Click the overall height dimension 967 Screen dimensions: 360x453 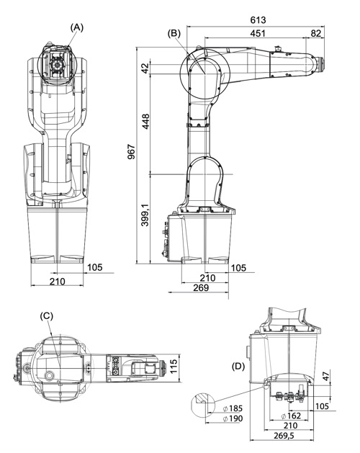[131, 152]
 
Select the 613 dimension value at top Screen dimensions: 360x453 [258, 20]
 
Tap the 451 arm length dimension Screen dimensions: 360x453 [258, 33]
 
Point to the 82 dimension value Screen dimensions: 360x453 [316, 33]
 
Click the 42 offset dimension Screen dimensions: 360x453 [145, 68]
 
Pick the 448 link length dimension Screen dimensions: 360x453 [145, 121]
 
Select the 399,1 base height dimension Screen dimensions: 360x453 [145, 215]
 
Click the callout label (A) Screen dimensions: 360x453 [77, 27]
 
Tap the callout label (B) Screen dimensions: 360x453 [174, 33]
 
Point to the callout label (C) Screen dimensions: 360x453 [47, 315]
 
